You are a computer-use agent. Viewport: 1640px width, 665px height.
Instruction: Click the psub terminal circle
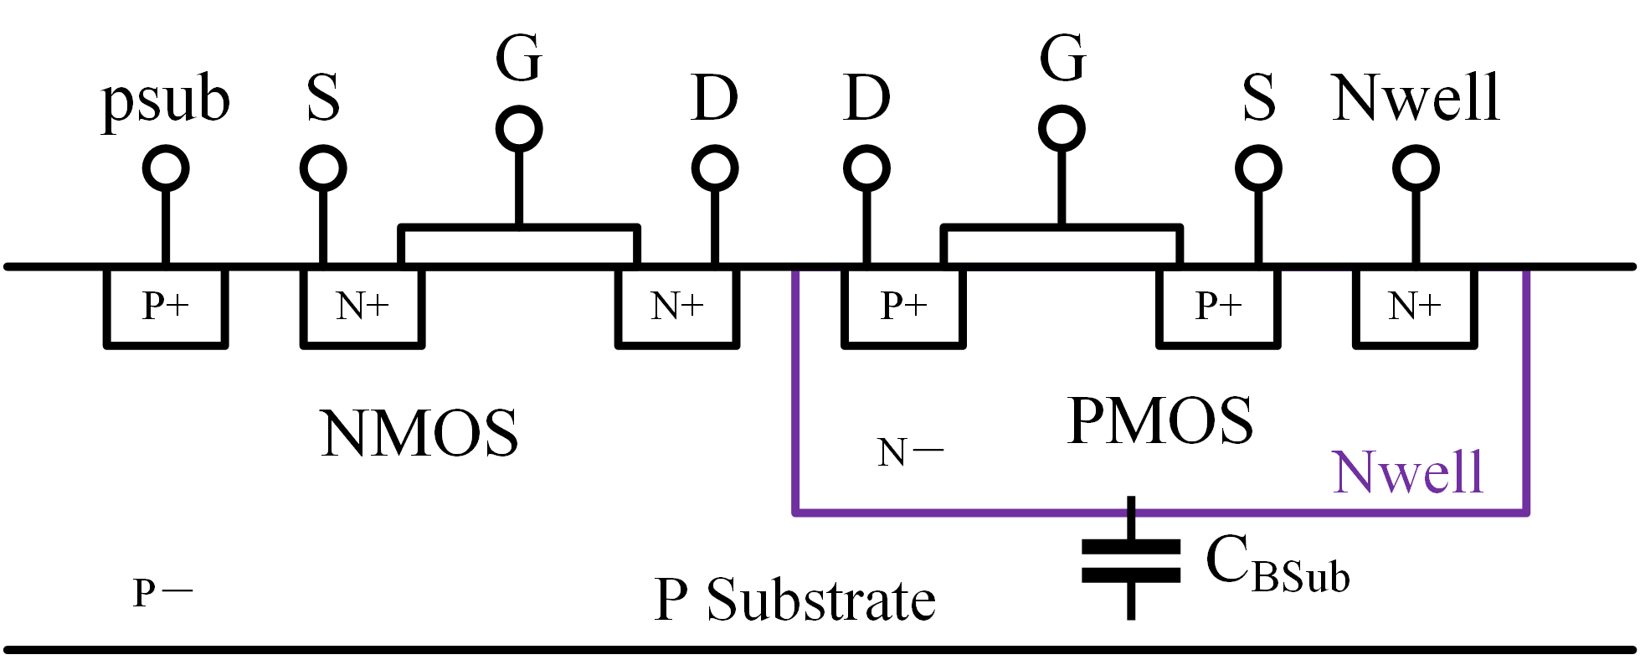(x=166, y=168)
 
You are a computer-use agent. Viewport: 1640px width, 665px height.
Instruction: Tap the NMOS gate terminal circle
(x=519, y=129)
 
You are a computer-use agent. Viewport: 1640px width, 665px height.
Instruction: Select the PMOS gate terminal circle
(x=1062, y=129)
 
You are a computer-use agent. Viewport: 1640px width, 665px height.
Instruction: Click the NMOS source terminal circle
(x=323, y=168)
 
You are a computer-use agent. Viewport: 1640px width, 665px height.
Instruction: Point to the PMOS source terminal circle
(x=1258, y=168)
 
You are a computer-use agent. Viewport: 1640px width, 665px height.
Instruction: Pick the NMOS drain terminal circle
(x=714, y=168)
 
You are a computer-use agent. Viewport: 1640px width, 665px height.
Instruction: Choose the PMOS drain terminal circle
(x=866, y=168)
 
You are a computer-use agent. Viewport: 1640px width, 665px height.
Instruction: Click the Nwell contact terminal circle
(x=1416, y=168)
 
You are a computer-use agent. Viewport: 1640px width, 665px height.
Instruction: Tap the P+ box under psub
(x=166, y=306)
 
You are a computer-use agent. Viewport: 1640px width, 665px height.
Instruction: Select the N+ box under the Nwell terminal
(x=1415, y=306)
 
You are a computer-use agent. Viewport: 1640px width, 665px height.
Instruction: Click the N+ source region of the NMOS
(x=362, y=306)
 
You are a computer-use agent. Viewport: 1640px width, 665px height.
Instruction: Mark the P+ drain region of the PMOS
(x=903, y=306)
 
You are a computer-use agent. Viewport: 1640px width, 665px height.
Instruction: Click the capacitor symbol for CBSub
(x=1131, y=559)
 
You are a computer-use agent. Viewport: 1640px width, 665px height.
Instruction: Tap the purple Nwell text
(x=1407, y=472)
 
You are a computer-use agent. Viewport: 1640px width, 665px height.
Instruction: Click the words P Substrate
(x=794, y=601)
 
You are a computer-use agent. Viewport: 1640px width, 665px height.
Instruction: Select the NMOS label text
(x=419, y=433)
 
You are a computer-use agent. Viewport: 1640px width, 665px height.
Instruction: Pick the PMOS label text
(x=1159, y=420)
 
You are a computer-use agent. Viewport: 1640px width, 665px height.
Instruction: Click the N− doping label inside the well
(x=909, y=453)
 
